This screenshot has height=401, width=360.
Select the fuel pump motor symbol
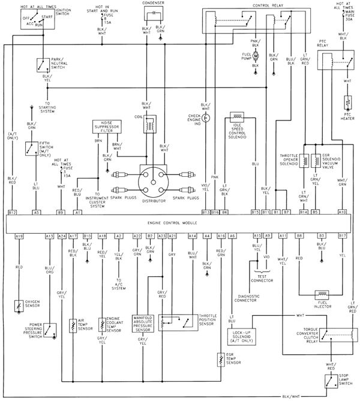(254, 56)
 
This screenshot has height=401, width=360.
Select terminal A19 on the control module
(19, 236)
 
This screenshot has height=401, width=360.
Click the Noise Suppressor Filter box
(107, 126)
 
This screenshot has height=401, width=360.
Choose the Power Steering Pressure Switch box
(49, 328)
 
